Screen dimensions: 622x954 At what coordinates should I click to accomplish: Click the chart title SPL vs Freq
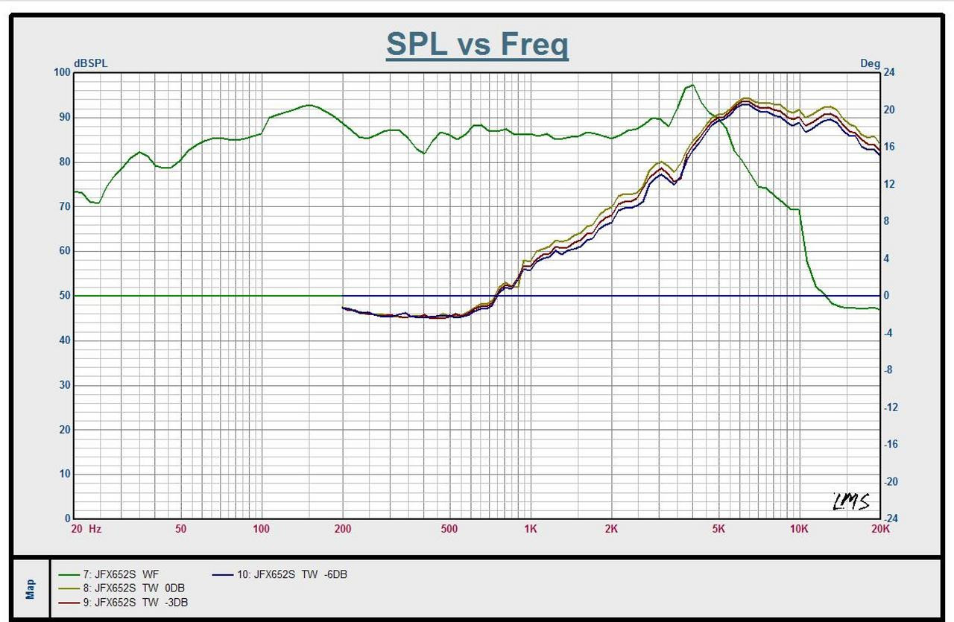[x=477, y=45]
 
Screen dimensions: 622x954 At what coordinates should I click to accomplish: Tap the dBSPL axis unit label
[x=90, y=63]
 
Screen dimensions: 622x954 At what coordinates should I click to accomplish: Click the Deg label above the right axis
[x=870, y=63]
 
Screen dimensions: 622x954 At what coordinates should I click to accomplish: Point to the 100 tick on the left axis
[x=62, y=72]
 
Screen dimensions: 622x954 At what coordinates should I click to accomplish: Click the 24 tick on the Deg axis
[x=888, y=72]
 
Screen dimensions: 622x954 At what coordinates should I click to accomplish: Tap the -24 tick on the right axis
[x=891, y=518]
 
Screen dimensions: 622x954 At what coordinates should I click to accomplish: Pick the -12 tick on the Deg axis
[x=891, y=407]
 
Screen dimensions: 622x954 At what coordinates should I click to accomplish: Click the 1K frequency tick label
[x=530, y=530]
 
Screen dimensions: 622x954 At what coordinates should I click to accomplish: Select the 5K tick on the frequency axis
[x=718, y=530]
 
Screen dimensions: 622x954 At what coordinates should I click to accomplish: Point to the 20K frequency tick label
[x=880, y=530]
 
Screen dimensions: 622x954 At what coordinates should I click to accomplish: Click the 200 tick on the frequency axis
[x=343, y=530]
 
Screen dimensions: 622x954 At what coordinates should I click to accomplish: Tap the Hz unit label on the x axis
[x=95, y=530]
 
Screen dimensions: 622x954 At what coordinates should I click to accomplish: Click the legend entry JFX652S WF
[x=120, y=574]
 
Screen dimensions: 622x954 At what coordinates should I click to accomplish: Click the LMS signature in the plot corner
[x=851, y=501]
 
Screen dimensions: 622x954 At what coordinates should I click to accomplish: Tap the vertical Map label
[x=31, y=589]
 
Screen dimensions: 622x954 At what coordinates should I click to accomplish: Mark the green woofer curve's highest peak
[x=692, y=85]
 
